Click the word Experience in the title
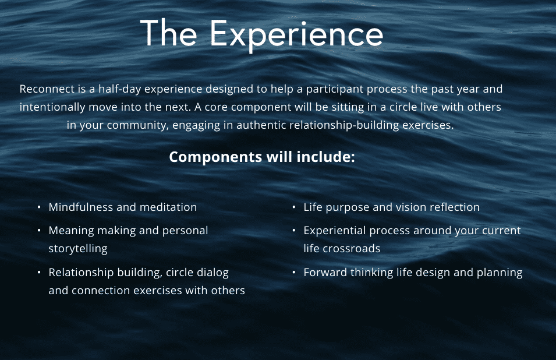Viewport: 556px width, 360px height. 296,35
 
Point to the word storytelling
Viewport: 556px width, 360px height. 78,249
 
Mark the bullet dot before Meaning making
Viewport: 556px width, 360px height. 39,231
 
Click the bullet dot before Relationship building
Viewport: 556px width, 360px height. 39,273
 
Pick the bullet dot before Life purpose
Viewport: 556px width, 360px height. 294,207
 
